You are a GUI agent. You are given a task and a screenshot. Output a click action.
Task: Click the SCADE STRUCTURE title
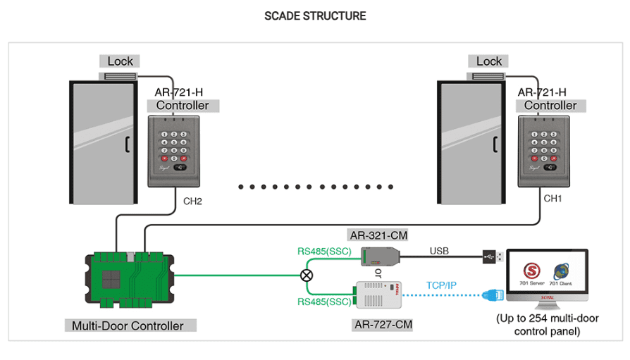pyautogui.click(x=315, y=15)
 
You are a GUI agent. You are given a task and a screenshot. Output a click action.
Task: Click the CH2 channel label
pyautogui.click(x=192, y=201)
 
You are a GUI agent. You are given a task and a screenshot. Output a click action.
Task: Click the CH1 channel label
pyautogui.click(x=553, y=199)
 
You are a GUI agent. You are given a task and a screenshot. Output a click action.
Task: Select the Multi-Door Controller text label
pyautogui.click(x=128, y=325)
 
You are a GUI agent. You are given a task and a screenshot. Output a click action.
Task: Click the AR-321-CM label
pyautogui.click(x=378, y=235)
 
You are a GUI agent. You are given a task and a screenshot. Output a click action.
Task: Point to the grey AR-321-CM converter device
pyautogui.click(x=380, y=254)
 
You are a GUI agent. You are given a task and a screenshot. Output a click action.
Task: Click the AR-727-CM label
pyautogui.click(x=382, y=325)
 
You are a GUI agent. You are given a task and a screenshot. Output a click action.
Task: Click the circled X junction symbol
pyautogui.click(x=307, y=275)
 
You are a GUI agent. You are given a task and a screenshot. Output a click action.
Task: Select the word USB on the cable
pyautogui.click(x=439, y=250)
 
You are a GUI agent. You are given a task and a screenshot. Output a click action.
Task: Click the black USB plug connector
pyautogui.click(x=492, y=257)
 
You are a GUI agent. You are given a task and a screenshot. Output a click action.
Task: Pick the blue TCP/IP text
pyautogui.click(x=441, y=285)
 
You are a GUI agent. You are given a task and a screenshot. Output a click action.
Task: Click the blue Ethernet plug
pyautogui.click(x=490, y=297)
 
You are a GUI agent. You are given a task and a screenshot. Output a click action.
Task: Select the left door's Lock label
pyautogui.click(x=120, y=61)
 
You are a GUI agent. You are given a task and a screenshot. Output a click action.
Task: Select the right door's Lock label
pyautogui.click(x=488, y=61)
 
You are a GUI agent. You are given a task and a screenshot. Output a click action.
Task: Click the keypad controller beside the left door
pyautogui.click(x=174, y=151)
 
